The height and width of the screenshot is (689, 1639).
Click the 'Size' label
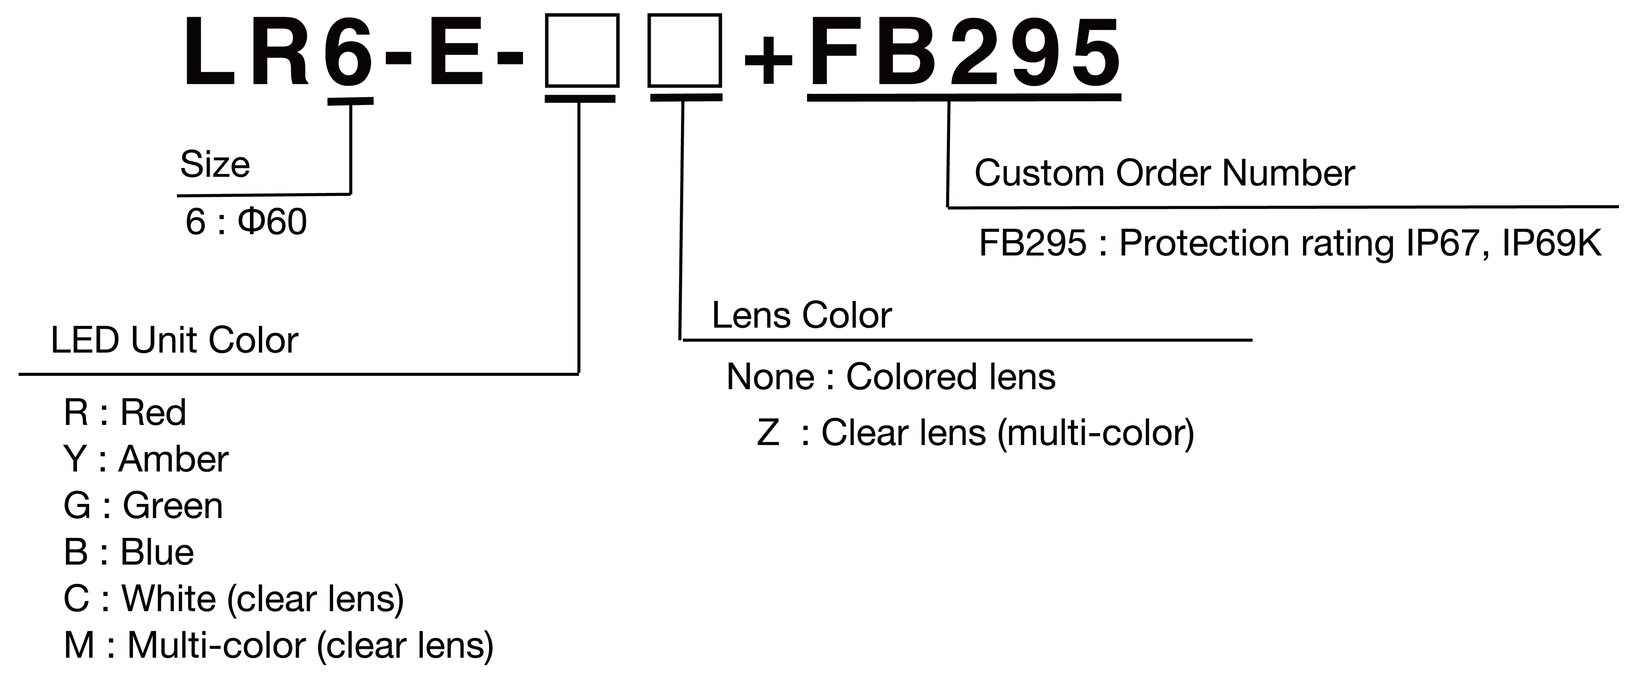(215, 165)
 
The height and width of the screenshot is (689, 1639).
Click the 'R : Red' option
(125, 412)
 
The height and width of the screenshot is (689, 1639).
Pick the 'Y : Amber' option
(146, 459)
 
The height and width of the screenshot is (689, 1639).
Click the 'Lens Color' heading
(801, 315)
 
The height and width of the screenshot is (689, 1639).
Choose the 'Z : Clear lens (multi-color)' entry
(975, 433)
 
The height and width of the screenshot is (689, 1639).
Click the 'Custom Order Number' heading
(1164, 174)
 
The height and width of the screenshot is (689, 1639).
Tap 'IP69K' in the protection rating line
(1551, 244)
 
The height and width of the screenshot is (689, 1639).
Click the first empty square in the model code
(581, 51)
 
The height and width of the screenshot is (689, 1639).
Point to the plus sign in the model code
(768, 60)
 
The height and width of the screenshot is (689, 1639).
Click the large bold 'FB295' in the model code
(964, 52)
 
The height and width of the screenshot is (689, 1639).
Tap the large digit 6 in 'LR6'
(349, 52)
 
